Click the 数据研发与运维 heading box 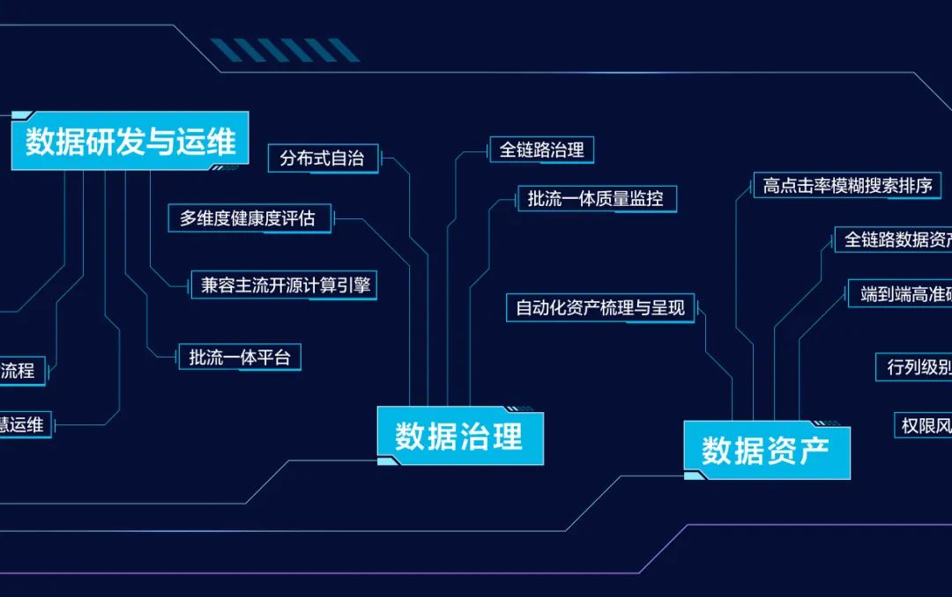coord(130,141)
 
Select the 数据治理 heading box coord(459,436)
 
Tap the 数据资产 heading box coord(767,451)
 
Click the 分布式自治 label coord(323,158)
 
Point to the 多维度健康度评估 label coord(249,218)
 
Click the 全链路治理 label coord(541,150)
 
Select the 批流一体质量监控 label coord(596,199)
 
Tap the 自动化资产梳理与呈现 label coord(599,308)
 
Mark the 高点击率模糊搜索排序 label coord(846,186)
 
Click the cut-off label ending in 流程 coord(20,371)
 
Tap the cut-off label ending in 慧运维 coord(24,424)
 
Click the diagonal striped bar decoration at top coord(284,50)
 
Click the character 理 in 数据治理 coord(508,437)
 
